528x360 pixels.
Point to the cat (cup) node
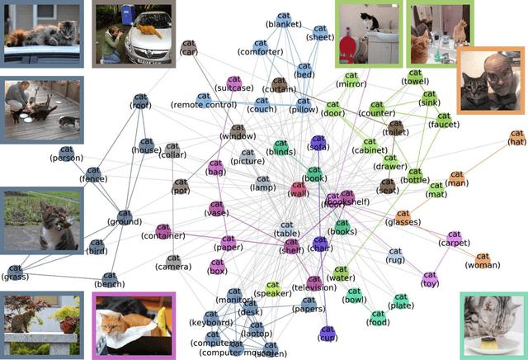tap(327, 333)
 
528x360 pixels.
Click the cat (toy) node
tap(429, 276)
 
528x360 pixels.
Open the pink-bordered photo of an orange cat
tap(134, 326)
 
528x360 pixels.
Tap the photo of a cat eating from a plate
tap(493, 326)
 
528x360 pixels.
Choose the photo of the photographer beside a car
tap(133, 33)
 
